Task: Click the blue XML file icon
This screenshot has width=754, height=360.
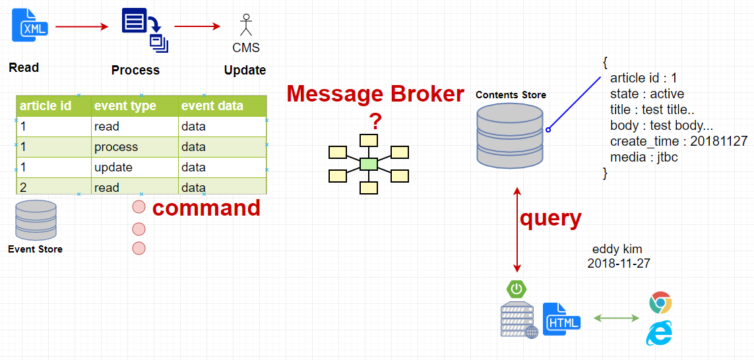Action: (x=30, y=26)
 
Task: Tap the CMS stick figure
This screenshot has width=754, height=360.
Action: (x=246, y=25)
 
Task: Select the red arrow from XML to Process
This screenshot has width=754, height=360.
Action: (x=82, y=26)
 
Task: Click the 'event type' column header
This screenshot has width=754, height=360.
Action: (x=125, y=105)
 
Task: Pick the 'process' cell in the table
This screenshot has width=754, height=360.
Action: (x=116, y=147)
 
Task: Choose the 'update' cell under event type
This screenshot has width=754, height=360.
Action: (x=113, y=167)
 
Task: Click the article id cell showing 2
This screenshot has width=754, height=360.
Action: (x=23, y=187)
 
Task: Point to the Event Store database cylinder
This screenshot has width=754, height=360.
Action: (x=36, y=220)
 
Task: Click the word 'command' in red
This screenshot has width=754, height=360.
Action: (x=206, y=208)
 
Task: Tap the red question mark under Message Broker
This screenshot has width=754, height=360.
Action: (x=375, y=122)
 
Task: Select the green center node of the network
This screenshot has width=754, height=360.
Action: (x=369, y=164)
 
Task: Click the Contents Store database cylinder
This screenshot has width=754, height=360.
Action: (x=510, y=135)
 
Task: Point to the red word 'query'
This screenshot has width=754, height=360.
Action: (x=551, y=218)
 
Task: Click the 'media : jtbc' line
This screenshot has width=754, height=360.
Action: (x=644, y=157)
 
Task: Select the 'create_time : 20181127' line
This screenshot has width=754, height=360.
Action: (x=679, y=141)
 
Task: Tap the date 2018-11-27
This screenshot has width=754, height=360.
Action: (x=619, y=263)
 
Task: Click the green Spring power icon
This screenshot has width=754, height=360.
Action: (x=517, y=289)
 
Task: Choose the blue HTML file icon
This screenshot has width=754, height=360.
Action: (x=561, y=319)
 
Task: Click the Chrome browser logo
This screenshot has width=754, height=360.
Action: (x=660, y=303)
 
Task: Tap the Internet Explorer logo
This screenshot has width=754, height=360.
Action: (x=659, y=334)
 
